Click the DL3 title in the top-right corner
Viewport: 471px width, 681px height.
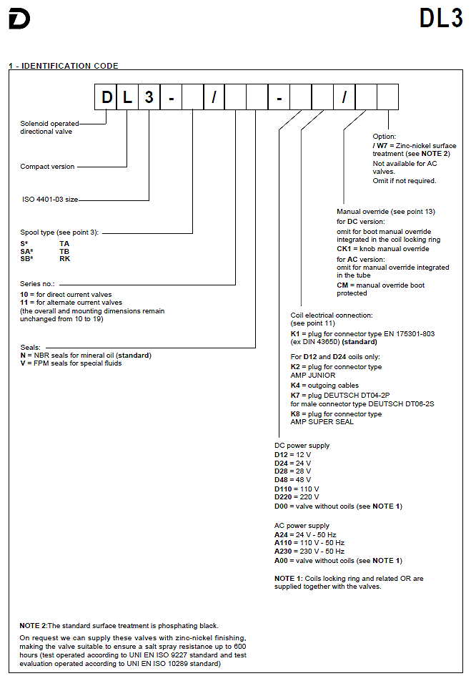pyautogui.click(x=441, y=19)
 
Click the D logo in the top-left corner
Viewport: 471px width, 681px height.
pyautogui.click(x=19, y=19)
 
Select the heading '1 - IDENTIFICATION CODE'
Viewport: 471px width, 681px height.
pyautogui.click(x=64, y=66)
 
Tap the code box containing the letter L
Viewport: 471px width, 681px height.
pyautogui.click(x=127, y=97)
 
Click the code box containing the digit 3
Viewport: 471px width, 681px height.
pyautogui.click(x=149, y=97)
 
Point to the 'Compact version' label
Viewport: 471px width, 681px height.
pyautogui.click(x=47, y=167)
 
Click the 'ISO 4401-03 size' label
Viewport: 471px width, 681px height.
pyautogui.click(x=50, y=200)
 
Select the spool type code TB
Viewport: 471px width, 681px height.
pyautogui.click(x=64, y=252)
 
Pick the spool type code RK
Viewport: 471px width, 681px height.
pyautogui.click(x=64, y=259)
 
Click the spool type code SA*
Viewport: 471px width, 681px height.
pyautogui.click(x=26, y=252)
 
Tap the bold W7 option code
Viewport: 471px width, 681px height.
pyautogui.click(x=382, y=145)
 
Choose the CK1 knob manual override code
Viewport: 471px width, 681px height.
pyautogui.click(x=344, y=249)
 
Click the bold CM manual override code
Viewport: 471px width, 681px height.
pyautogui.click(x=342, y=285)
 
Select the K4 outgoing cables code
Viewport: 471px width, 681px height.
pyautogui.click(x=295, y=386)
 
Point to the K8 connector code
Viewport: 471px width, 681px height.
pyautogui.click(x=295, y=414)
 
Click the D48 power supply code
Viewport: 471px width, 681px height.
pyautogui.click(x=281, y=480)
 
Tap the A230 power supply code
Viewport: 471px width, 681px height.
pyautogui.click(x=283, y=552)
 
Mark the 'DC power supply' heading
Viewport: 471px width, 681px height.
pyautogui.click(x=302, y=446)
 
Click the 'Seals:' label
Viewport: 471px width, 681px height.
pyautogui.click(x=31, y=348)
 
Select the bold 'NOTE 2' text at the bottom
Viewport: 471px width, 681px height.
pyautogui.click(x=33, y=626)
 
